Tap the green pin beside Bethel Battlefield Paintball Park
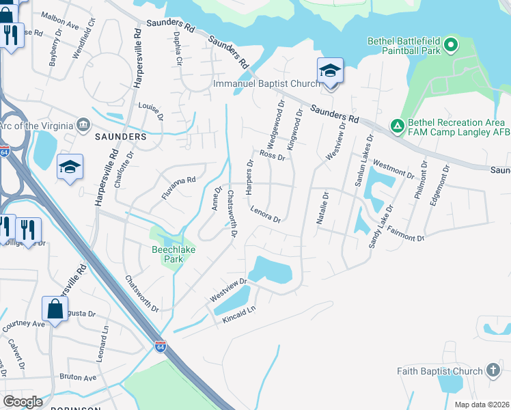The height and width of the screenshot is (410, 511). [450, 46]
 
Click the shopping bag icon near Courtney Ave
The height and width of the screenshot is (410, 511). [54, 309]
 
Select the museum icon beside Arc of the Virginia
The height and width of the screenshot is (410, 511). [83, 124]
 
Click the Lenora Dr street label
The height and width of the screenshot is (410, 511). [266, 215]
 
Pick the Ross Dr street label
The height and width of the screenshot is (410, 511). [271, 155]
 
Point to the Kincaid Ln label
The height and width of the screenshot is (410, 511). [241, 314]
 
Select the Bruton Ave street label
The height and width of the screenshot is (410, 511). [78, 377]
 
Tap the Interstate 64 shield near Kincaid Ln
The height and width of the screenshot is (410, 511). [160, 346]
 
